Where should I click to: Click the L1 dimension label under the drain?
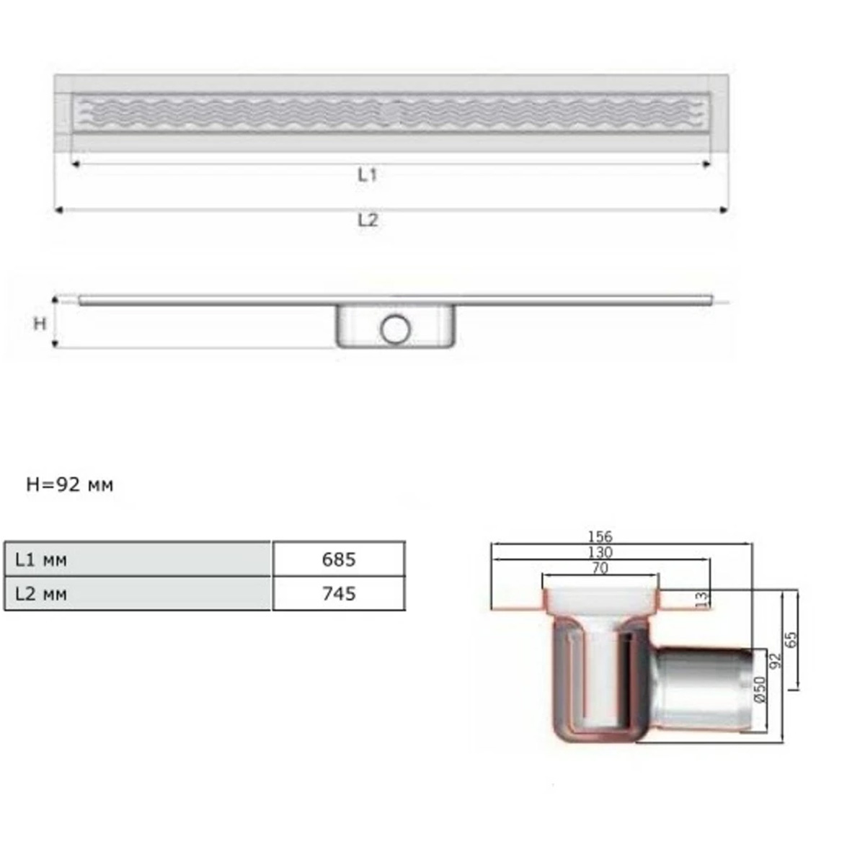pos(367,174)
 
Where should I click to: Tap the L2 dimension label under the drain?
pos(368,220)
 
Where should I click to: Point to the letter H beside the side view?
pos(40,323)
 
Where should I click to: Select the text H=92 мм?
pos(70,485)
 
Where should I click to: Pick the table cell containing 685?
pos(339,559)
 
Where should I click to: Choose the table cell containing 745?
pos(339,593)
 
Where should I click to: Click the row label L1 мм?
pos(41,560)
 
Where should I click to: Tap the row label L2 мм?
pos(41,594)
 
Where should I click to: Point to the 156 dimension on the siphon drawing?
pos(600,536)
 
